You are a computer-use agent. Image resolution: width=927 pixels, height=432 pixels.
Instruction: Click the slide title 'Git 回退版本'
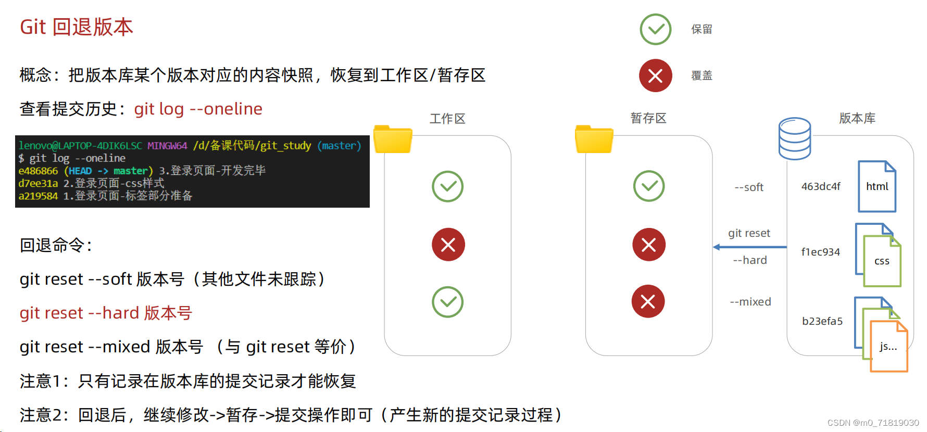(77, 27)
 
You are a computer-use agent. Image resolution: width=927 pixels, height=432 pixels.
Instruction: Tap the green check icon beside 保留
(655, 29)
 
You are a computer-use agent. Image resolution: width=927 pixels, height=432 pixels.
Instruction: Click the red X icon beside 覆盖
(655, 75)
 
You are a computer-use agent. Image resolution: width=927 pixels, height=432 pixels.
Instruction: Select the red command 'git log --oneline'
(198, 109)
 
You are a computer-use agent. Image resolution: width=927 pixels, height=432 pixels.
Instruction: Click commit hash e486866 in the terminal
(38, 171)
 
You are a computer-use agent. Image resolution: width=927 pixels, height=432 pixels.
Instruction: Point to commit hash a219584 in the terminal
(38, 196)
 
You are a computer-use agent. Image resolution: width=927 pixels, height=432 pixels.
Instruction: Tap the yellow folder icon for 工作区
(393, 139)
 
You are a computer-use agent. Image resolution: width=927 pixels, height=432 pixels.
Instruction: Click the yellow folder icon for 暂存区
(594, 139)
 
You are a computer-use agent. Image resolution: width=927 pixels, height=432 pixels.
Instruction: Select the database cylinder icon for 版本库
(794, 138)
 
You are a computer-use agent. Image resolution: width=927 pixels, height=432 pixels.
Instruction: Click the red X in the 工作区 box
(448, 245)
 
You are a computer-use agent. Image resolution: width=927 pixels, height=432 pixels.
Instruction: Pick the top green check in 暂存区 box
(648, 186)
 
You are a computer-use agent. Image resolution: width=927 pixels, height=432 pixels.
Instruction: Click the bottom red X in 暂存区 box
(648, 301)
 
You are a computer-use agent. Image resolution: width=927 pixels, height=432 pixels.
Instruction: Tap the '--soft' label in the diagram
(749, 187)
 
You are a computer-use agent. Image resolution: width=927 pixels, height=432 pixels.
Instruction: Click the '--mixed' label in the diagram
(750, 302)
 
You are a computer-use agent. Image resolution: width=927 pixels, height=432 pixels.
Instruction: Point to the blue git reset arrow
(749, 247)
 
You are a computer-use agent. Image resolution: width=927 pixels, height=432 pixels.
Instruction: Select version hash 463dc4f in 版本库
(821, 186)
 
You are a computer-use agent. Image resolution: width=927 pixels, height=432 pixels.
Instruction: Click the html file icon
(877, 186)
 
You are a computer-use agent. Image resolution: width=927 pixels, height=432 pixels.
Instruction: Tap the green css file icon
(882, 261)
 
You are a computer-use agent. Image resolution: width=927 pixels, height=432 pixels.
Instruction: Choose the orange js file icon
(888, 347)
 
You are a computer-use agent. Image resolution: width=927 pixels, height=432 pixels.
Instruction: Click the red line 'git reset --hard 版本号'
(106, 313)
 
